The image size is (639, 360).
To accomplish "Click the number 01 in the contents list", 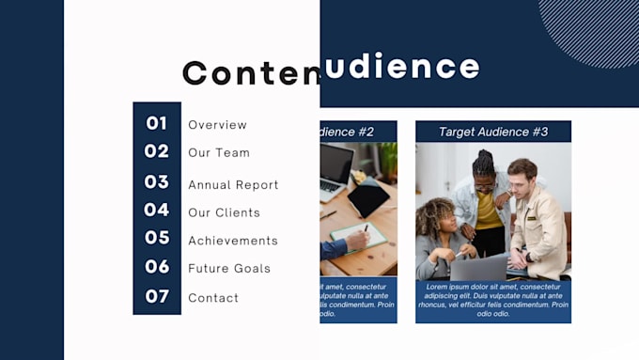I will (156, 123).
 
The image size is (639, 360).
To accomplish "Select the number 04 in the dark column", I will (156, 211).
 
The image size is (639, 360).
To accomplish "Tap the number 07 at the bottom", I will (157, 297).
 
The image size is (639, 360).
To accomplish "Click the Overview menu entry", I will (217, 125).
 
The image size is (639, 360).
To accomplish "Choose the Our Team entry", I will (219, 153).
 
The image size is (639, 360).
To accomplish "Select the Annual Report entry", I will (233, 185).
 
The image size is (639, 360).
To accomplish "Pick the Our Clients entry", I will (224, 213).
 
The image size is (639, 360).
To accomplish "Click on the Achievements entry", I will (233, 241).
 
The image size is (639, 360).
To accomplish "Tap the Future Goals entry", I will (229, 269).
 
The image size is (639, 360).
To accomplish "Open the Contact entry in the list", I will (213, 298).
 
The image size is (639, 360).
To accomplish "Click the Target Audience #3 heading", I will (493, 132).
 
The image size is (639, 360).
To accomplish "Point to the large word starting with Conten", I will (250, 72).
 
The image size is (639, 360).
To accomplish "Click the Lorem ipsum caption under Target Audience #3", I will (493, 300).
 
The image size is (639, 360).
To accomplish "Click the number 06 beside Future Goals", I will (157, 267).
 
